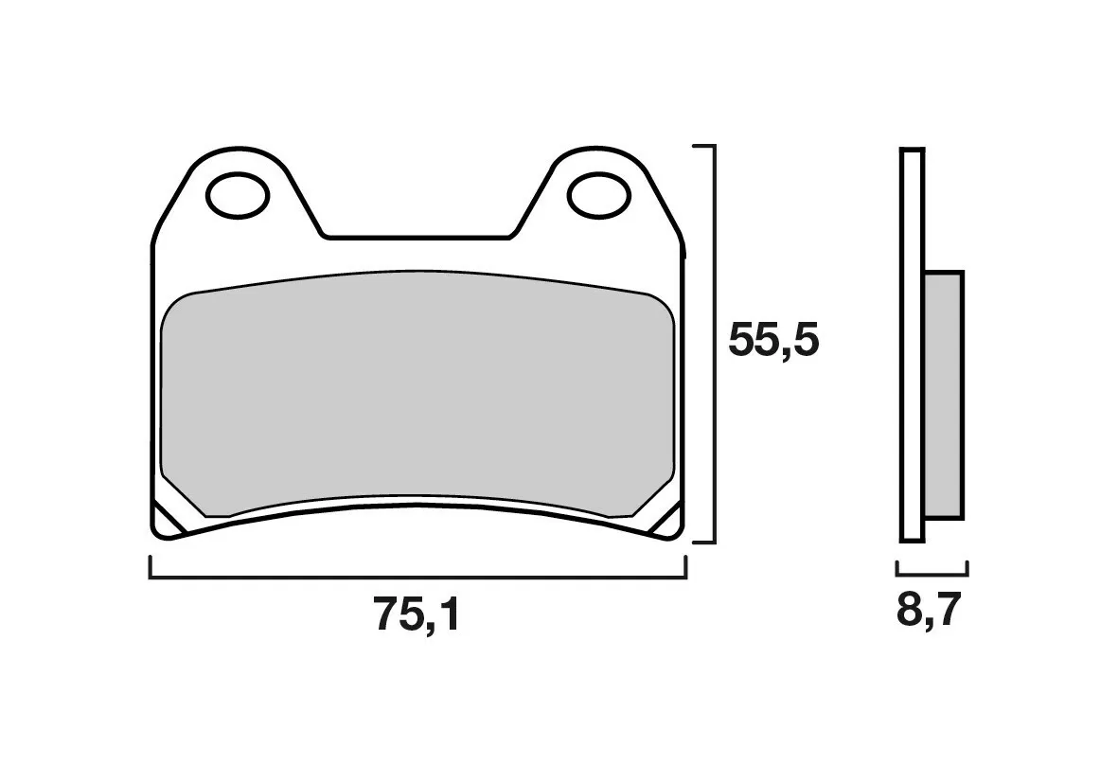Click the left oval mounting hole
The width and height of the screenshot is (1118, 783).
click(x=239, y=196)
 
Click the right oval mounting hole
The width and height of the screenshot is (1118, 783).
click(x=597, y=194)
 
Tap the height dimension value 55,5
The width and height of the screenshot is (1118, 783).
click(x=772, y=341)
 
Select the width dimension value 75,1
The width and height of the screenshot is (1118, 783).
click(x=417, y=616)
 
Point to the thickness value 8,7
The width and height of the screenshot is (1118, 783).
click(x=929, y=613)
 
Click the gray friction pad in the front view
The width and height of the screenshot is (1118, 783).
click(x=417, y=398)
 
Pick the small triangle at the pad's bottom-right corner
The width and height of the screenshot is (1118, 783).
click(x=668, y=520)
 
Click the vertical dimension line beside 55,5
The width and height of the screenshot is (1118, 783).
click(x=713, y=346)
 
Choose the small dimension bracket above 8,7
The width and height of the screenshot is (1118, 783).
click(x=932, y=573)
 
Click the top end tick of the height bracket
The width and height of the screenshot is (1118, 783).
click(x=703, y=148)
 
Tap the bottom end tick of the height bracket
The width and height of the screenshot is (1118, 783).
click(x=703, y=543)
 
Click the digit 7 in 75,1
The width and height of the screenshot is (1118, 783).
click(x=388, y=616)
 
